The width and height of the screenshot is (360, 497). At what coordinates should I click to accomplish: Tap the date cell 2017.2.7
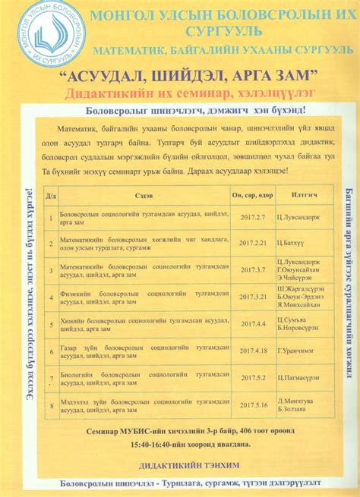(x=253, y=217)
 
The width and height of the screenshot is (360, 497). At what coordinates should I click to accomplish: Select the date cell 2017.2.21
(x=253, y=244)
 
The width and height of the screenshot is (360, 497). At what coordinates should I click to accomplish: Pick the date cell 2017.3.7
(x=253, y=270)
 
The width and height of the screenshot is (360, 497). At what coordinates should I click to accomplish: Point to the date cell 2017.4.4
(x=253, y=323)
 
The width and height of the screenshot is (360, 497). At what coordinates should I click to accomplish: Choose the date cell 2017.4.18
(x=253, y=350)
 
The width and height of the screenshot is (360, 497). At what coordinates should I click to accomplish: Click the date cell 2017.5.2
(x=253, y=377)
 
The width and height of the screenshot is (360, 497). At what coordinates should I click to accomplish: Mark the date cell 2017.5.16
(x=253, y=404)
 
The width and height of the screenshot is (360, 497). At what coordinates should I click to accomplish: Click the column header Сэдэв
(x=143, y=195)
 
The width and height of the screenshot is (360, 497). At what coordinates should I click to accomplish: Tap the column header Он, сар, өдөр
(x=253, y=195)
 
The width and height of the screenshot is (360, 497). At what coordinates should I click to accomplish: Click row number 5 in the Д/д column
(x=49, y=323)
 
